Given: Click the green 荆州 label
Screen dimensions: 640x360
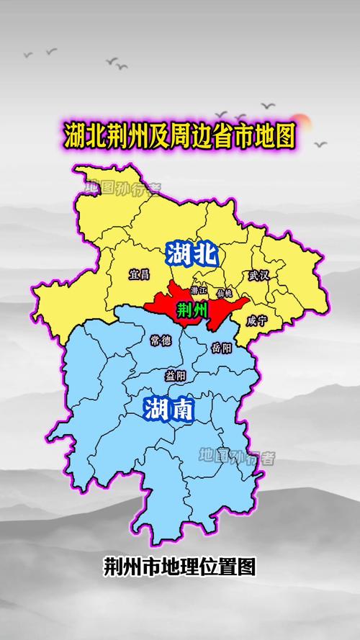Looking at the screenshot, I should coord(192,310).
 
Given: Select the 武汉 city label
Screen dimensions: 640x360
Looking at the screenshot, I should coord(258,275).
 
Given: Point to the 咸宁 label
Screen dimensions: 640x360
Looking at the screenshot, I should coord(256,321).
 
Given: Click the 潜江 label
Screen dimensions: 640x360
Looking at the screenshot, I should coord(199,291).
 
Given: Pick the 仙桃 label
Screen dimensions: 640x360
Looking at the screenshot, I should coord(224,293).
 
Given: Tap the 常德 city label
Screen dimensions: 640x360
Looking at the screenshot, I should coord(161,340).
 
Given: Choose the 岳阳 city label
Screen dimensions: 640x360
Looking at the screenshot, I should coord(222,348).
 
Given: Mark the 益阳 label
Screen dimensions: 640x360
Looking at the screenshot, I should coord(176,375).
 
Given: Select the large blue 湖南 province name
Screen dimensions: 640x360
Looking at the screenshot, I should coord(168,410).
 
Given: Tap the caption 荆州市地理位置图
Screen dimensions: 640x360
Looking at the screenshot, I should coord(179,566).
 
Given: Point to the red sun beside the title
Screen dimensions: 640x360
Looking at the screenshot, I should coord(302,123).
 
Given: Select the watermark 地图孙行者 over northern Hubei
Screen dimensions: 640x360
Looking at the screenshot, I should coord(122,188).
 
